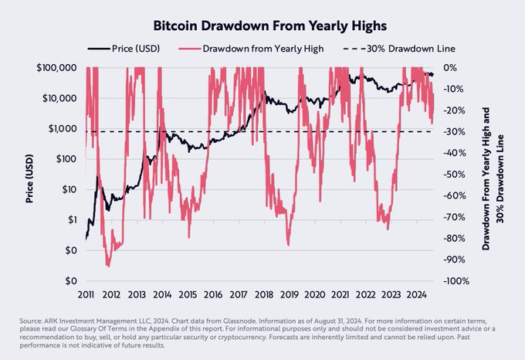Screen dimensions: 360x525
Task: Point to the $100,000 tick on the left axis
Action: point(56,68)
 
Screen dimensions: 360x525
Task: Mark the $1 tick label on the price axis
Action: point(70,220)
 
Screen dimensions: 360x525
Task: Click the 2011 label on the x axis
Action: point(86,294)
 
